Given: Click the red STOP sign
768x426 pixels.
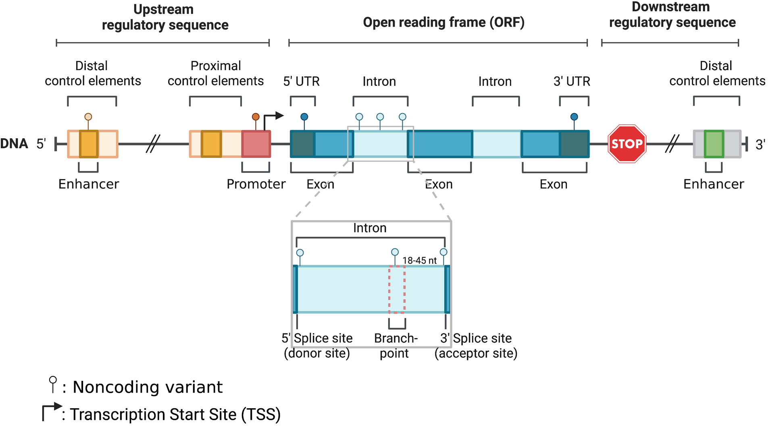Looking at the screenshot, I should pyautogui.click(x=626, y=144).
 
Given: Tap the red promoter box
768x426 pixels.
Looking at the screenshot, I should pyautogui.click(x=256, y=144).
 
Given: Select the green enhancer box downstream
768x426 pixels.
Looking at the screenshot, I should pyautogui.click(x=714, y=144).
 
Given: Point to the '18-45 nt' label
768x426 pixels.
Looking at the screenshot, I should pyautogui.click(x=419, y=260).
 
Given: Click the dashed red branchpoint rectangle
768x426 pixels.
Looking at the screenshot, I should pyautogui.click(x=397, y=289).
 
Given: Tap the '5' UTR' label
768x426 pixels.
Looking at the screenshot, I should pyautogui.click(x=301, y=81).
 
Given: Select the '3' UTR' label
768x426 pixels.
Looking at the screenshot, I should pyautogui.click(x=571, y=81).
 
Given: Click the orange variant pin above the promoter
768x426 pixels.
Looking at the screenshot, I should pyautogui.click(x=256, y=117).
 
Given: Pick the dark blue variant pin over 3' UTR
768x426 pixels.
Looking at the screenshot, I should pyautogui.click(x=574, y=117).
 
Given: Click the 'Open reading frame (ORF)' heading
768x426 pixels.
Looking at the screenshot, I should pyautogui.click(x=443, y=23).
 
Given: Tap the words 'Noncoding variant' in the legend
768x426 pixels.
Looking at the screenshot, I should pyautogui.click(x=148, y=387).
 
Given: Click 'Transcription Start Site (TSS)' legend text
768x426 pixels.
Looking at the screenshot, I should pyautogui.click(x=175, y=414).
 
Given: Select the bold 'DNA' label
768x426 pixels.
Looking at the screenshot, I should pyautogui.click(x=14, y=143).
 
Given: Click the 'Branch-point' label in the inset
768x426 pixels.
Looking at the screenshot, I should pyautogui.click(x=395, y=345).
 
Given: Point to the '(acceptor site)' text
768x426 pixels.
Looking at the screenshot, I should pyautogui.click(x=476, y=353).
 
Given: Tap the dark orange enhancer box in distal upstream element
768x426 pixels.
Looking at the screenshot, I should pyautogui.click(x=89, y=144).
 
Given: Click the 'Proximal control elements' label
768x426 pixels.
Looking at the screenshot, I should pyautogui.click(x=215, y=73).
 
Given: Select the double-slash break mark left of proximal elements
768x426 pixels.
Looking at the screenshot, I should pyautogui.click(x=153, y=144).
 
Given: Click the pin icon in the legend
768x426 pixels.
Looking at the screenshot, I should pyautogui.click(x=53, y=384).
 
